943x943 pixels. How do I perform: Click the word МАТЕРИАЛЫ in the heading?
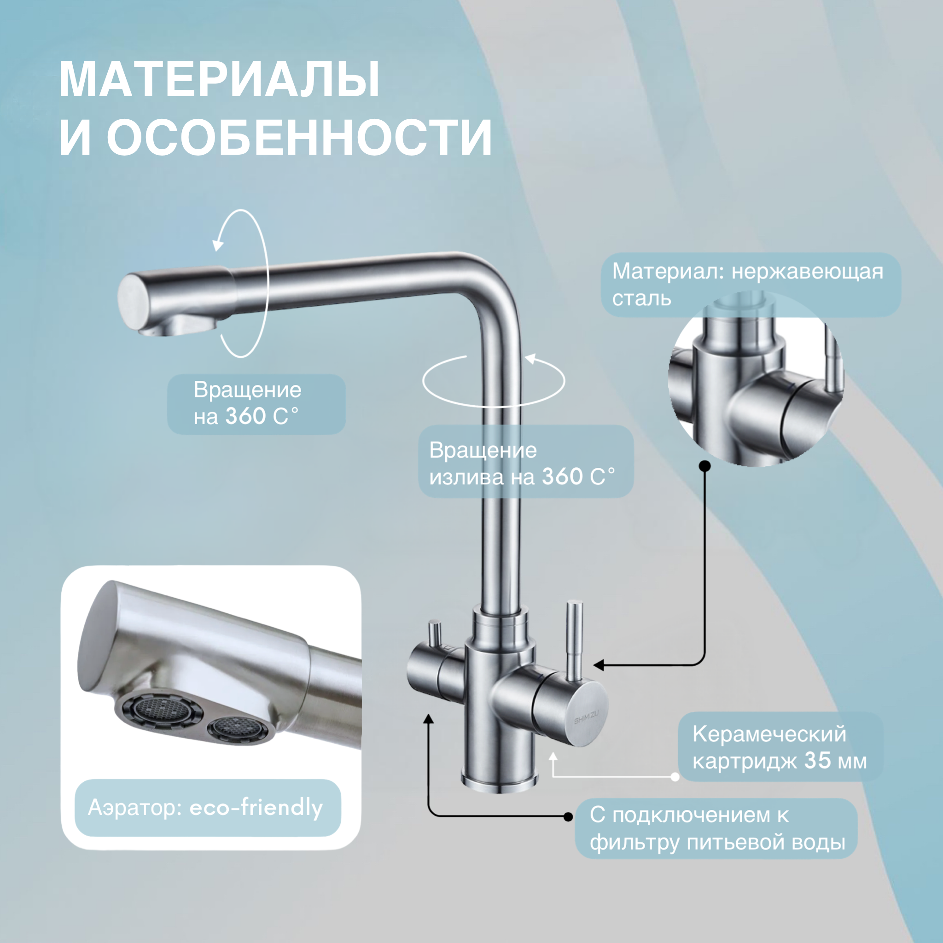point(219,81)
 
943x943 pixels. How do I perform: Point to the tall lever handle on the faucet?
point(575,640)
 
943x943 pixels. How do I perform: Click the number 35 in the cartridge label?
point(818,761)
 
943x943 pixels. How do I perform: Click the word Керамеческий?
point(769,734)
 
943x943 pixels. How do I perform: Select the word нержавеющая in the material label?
point(807,271)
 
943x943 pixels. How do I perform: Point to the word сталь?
point(641,298)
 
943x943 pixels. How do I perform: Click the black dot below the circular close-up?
point(705,466)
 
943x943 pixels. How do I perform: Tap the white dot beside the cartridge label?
point(675,777)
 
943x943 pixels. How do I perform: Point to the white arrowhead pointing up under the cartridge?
point(553,756)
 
